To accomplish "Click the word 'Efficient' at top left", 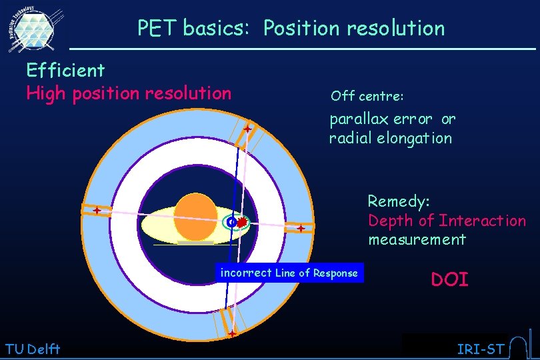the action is tap(65, 70).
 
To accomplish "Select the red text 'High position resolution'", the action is tap(129, 93).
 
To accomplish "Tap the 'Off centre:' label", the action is tap(367, 96).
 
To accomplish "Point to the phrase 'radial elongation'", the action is tap(390, 139).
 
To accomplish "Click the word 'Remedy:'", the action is tap(399, 201).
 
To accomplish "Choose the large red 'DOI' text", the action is tap(450, 279).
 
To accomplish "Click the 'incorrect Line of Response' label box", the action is tap(289, 273).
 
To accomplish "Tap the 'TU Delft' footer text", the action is tap(32, 348).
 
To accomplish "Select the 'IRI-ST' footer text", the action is tap(480, 349).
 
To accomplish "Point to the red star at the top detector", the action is tap(247, 129).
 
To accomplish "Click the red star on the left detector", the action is tap(97, 211).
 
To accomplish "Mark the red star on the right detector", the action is tap(301, 229).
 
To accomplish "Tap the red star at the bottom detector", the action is tap(232, 333).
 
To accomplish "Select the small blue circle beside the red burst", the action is tap(231, 221).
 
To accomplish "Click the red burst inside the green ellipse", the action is tap(243, 221).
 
